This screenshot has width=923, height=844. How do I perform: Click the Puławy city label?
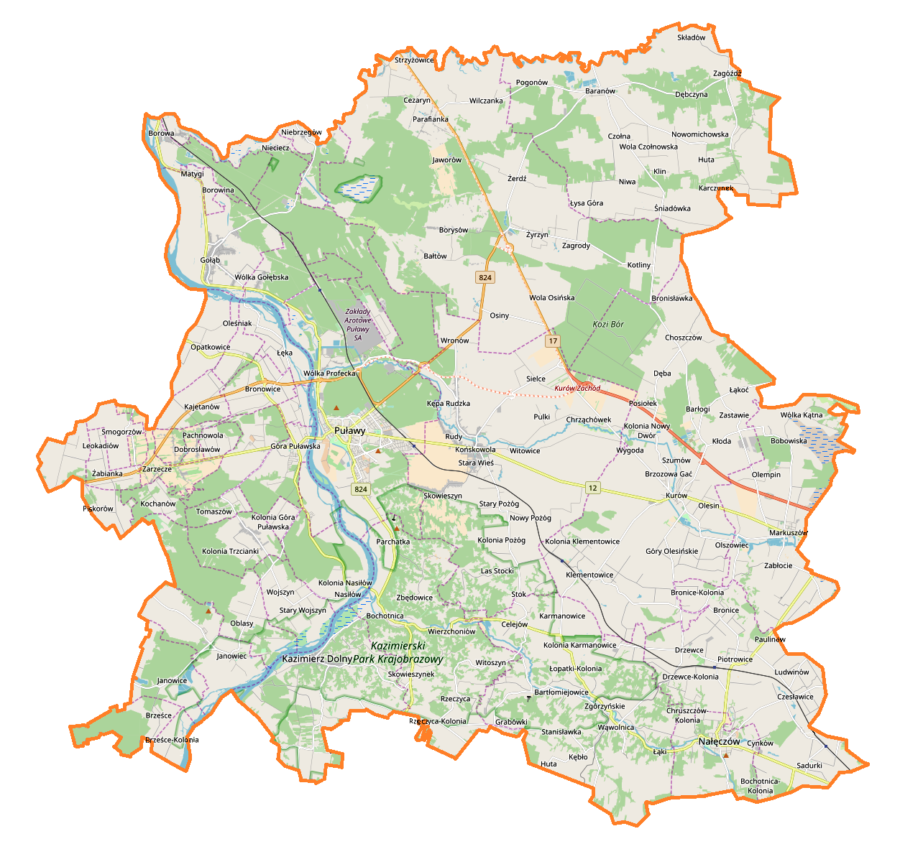pyautogui.click(x=349, y=431)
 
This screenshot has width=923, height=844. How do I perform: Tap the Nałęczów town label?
pyautogui.click(x=719, y=741)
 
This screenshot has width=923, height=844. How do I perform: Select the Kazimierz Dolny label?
pyautogui.click(x=317, y=659)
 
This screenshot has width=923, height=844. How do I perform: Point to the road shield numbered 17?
pyautogui.click(x=552, y=341)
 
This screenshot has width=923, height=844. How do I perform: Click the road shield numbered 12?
pyautogui.click(x=592, y=488)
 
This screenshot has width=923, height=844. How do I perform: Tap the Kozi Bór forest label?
pyautogui.click(x=608, y=325)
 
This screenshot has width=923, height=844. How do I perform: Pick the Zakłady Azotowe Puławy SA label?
pyautogui.click(x=358, y=325)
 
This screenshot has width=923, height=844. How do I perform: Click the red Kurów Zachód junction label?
pyautogui.click(x=577, y=389)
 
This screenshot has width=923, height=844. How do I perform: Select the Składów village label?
pyautogui.click(x=692, y=37)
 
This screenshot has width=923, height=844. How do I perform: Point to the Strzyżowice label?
pyautogui.click(x=414, y=60)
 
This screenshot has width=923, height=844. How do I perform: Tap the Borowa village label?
pyautogui.click(x=161, y=134)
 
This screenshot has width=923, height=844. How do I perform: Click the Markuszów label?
pyautogui.click(x=788, y=533)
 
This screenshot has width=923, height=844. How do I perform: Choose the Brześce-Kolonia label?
pyautogui.click(x=172, y=740)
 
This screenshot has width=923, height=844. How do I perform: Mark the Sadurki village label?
pyautogui.click(x=809, y=766)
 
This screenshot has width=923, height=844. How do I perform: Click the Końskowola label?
pyautogui.click(x=475, y=450)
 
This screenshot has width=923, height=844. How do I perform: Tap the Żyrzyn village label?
pyautogui.click(x=537, y=235)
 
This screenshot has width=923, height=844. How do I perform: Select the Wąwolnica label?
pyautogui.click(x=616, y=728)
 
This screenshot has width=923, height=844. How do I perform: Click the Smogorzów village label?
pyautogui.click(x=121, y=432)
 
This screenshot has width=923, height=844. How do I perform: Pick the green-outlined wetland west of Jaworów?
pyautogui.click(x=357, y=187)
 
